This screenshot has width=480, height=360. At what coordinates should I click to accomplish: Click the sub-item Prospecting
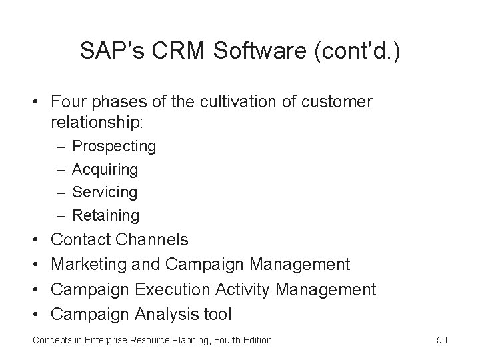114,146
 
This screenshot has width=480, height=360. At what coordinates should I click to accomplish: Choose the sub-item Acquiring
105,169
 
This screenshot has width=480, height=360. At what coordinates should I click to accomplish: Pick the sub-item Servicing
105,193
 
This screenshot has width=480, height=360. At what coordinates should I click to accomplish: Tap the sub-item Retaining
106,215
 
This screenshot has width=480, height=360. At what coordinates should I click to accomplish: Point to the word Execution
175,290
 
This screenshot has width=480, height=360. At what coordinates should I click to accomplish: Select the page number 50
442,340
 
